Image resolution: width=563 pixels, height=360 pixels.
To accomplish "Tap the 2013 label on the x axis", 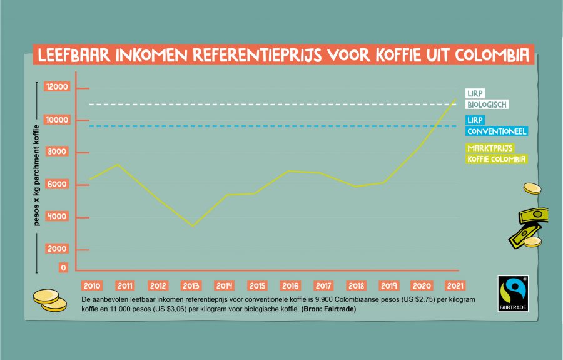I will pyautogui.click(x=191, y=286).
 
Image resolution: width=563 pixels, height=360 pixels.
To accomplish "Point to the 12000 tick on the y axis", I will pyautogui.click(x=56, y=87).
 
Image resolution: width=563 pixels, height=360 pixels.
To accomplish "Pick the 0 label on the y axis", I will pyautogui.click(x=63, y=268).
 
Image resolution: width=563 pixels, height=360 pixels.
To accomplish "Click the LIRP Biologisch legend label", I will pyautogui.click(x=487, y=99).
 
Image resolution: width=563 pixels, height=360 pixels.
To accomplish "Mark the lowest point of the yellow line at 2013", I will pyautogui.click(x=192, y=226).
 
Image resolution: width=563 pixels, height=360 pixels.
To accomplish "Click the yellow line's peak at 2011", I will pyautogui.click(x=118, y=164).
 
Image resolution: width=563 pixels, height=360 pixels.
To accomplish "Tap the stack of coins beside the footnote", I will pyautogui.click(x=49, y=300).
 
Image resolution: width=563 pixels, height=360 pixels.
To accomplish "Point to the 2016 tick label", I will pyautogui.click(x=290, y=286).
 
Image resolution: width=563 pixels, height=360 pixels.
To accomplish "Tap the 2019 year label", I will pyautogui.click(x=388, y=286).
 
